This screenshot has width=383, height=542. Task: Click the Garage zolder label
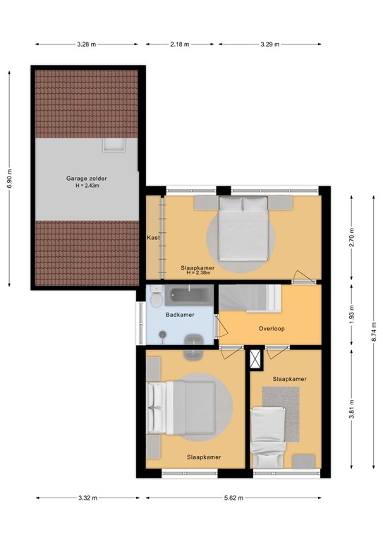pyautogui.click(x=86, y=179)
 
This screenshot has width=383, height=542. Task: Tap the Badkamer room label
pyautogui.click(x=180, y=315)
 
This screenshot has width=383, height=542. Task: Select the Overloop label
pyautogui.click(x=272, y=328)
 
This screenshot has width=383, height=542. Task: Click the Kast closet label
pyautogui.click(x=153, y=237)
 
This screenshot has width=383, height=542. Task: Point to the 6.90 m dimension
pyautogui.click(x=9, y=179)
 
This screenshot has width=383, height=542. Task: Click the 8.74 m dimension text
pyautogui.click(x=374, y=332)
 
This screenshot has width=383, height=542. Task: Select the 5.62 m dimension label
pyautogui.click(x=233, y=498)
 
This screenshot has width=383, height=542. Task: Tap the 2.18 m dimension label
pyautogui.click(x=180, y=44)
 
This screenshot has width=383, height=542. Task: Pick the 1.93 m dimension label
pyautogui.click(x=351, y=315)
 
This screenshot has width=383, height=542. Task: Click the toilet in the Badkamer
pyautogui.click(x=157, y=296)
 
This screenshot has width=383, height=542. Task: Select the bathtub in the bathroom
pyautogui.click(x=188, y=296)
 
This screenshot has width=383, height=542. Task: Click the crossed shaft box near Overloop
pyautogui.click(x=255, y=359)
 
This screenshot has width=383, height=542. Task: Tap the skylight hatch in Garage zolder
pyautogui.click(x=114, y=145)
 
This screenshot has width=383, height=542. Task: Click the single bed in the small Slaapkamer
pyautogui.click(x=268, y=438)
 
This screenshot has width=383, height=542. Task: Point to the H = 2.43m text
pyautogui.click(x=87, y=186)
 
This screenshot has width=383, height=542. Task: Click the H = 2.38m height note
pyautogui.click(x=199, y=272)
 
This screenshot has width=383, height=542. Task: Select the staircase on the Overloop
pyautogui.click(x=250, y=298)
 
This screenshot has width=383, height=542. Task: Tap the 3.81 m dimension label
pyautogui.click(x=351, y=409)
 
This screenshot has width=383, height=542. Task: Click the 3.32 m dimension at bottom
pyautogui.click(x=87, y=498)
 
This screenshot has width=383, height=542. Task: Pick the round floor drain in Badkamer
pyautogui.click(x=163, y=335)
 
